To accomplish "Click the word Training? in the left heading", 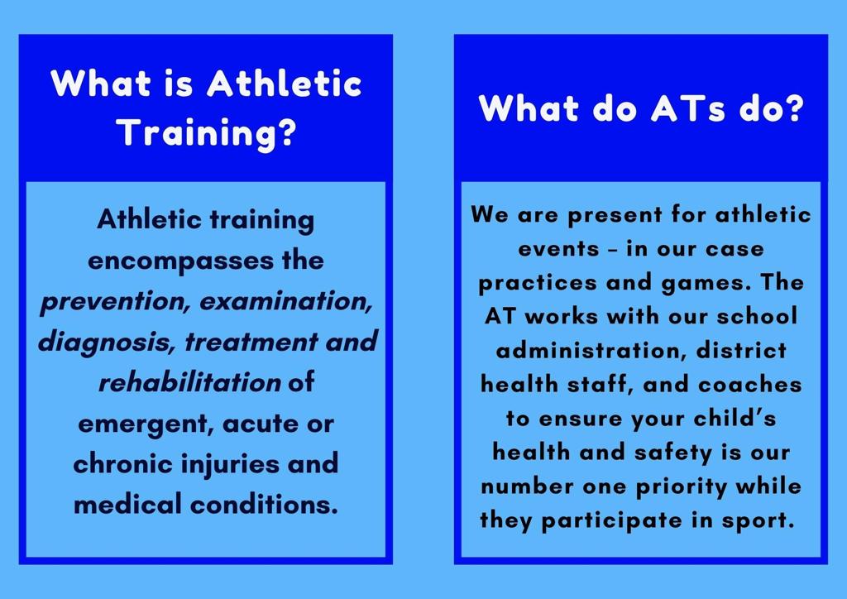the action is (206, 133).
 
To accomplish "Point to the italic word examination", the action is (285, 301).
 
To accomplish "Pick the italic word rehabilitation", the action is (189, 382).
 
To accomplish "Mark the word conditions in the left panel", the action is (264, 505).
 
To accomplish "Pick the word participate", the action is (611, 521).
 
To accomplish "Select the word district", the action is (741, 351).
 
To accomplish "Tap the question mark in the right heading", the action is (793, 108).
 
